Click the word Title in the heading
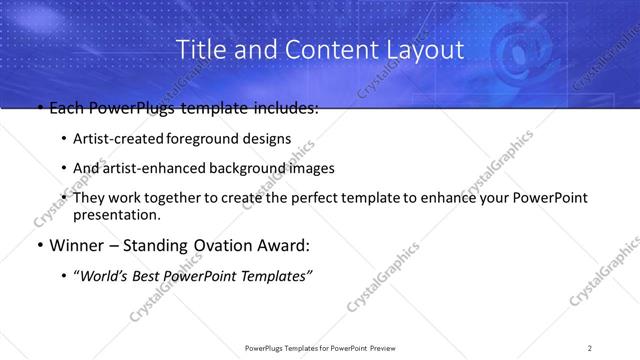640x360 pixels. pos(199,49)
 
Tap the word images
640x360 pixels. pos(313,168)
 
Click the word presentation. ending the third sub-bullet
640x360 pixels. pos(117,214)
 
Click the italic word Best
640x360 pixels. pos(152,275)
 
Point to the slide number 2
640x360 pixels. pos(590,347)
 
